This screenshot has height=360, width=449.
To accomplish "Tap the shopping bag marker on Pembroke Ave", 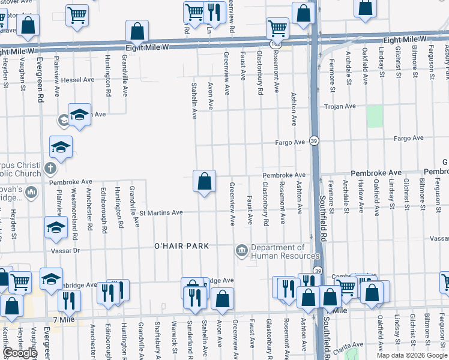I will (204, 181).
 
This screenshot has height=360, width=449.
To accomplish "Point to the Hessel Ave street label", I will (77, 79).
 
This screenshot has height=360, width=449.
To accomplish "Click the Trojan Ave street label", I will (340, 106).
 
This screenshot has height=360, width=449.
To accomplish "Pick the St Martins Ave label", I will (161, 212).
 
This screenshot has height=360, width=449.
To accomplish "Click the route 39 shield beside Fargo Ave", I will (314, 140).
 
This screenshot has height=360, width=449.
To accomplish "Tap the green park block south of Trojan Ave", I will (375, 116).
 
